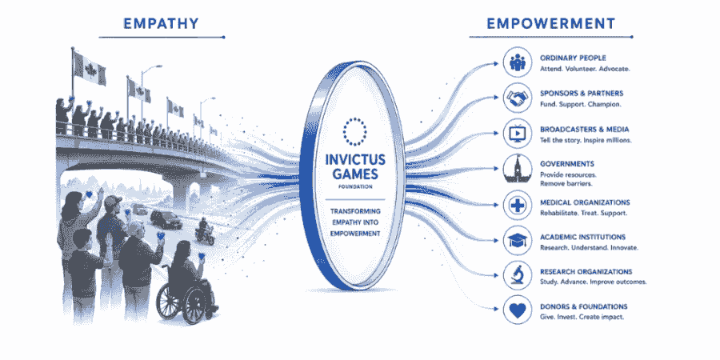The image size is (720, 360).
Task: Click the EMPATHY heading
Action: (161, 23)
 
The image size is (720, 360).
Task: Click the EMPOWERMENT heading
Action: (551, 23)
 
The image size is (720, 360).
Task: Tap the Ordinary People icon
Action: (518, 63)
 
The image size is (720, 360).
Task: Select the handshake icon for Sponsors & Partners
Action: (518, 98)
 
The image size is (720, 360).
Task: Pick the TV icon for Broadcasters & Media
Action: (518, 134)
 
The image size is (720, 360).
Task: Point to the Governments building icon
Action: (518, 169)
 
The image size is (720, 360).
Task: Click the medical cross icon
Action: (518, 205)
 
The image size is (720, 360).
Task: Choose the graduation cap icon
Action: (518, 240)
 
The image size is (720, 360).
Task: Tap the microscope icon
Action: (518, 275)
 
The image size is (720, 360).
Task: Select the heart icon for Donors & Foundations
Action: (518, 310)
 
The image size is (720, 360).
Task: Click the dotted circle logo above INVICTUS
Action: (355, 131)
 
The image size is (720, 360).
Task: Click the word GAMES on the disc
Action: (355, 174)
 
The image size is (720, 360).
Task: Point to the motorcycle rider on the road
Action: (204, 231)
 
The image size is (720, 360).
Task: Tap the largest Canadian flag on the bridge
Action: (90, 68)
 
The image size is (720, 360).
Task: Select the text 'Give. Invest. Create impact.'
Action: (582, 317)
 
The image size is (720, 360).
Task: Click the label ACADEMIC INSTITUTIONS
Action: (582, 237)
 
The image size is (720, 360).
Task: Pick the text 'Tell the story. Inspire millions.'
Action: (586, 140)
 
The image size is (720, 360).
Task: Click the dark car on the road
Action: (166, 221)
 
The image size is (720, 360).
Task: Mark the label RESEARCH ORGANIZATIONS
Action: (586, 271)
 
